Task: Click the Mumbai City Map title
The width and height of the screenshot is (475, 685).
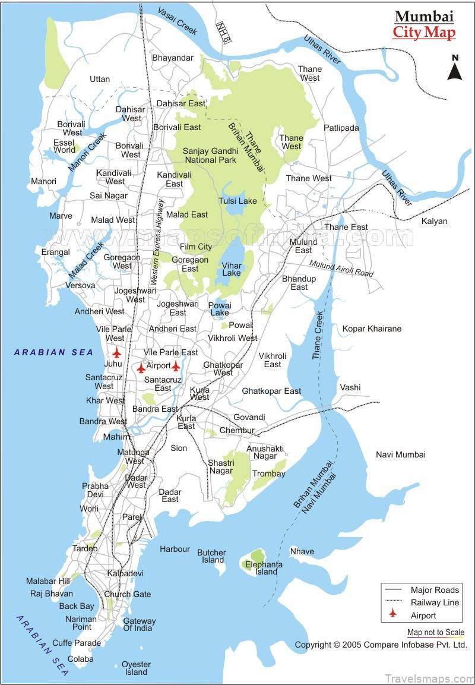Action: [424, 24]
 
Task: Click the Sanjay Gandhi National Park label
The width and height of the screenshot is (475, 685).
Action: [210, 155]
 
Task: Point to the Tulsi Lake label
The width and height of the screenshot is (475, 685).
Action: [237, 201]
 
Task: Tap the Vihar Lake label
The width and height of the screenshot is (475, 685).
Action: [231, 269]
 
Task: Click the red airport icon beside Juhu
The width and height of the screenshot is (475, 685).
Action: [117, 352]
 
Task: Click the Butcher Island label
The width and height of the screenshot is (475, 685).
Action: [212, 556]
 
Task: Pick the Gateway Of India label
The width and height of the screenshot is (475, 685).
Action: [139, 624]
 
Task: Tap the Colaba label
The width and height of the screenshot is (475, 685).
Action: [80, 659]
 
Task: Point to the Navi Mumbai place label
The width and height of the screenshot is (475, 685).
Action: [401, 454]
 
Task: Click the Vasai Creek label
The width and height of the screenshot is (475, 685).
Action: [178, 22]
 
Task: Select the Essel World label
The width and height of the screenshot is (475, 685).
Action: [64, 146]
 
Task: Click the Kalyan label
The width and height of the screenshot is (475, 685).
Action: [434, 221]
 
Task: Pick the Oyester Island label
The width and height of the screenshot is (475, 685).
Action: [136, 668]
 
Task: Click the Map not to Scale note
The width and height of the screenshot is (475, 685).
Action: [436, 633]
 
